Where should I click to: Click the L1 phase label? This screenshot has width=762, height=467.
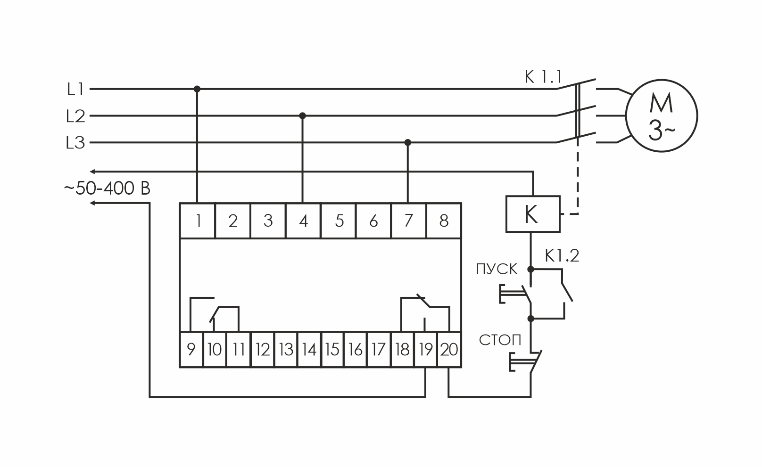[x=75, y=89]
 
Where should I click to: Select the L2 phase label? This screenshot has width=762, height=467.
[x=75, y=116]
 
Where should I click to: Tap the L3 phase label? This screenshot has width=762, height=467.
[x=75, y=143]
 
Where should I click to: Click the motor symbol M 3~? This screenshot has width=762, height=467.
[x=661, y=115]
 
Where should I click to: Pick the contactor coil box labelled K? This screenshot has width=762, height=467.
[x=532, y=214]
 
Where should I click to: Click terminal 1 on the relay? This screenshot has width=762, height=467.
[x=198, y=221]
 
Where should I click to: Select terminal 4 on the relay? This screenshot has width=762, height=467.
[x=303, y=221]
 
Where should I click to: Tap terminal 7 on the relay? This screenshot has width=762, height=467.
[x=409, y=221]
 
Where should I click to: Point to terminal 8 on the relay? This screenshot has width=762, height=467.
[x=444, y=221]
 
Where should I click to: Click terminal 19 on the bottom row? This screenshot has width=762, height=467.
[x=426, y=350]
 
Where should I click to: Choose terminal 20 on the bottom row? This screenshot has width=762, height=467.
[x=449, y=350]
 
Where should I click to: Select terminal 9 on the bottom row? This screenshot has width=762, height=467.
[x=191, y=350]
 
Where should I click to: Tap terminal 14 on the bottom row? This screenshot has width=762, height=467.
[x=309, y=350]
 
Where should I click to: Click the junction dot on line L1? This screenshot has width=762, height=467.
[x=197, y=89]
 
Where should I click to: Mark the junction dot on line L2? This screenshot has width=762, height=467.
[x=303, y=115]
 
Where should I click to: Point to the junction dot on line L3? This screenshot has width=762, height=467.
[x=408, y=142]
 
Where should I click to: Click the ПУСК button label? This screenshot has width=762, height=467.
[x=497, y=269]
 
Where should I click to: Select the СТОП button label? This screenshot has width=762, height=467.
[x=500, y=340]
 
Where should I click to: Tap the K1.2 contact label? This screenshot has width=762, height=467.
[x=562, y=256]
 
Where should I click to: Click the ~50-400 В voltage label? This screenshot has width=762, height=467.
[x=107, y=188]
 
